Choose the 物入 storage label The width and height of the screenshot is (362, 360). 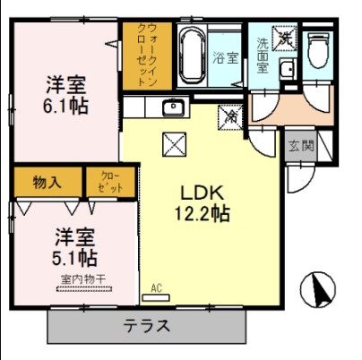coord(47,183)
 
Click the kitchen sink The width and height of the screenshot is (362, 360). coord(172,108)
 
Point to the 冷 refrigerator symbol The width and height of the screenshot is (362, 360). coord(230,116)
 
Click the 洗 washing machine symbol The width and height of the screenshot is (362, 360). coord(285,39)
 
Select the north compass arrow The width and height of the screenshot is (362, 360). coord(317,289)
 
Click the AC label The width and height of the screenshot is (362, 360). coord(156,287)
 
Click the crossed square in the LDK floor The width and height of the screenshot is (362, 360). coord(172,142)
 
